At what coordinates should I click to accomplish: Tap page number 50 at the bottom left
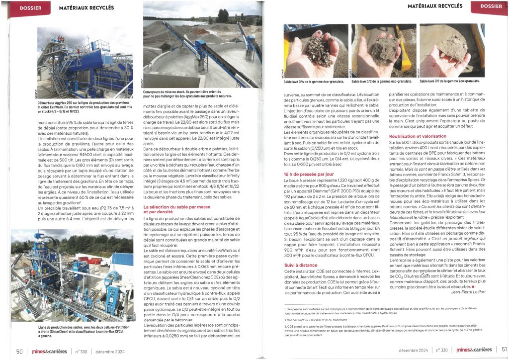click(x=19, y=351)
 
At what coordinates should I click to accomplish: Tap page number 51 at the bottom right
click(x=504, y=350)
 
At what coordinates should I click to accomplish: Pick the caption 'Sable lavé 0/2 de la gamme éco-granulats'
click(x=382, y=81)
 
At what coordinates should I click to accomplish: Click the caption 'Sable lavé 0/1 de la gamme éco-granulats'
click(x=450, y=81)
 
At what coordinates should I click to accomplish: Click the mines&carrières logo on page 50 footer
click(x=48, y=351)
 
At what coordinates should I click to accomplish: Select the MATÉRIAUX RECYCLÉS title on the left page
click(x=86, y=8)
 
